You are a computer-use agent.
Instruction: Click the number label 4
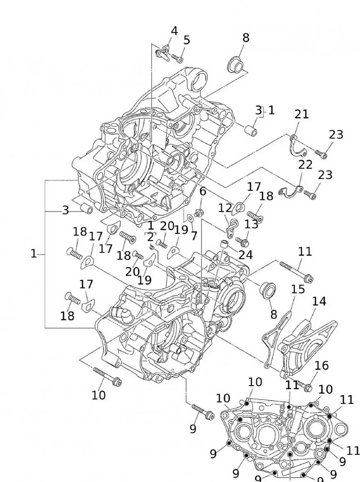pyautogui.click(x=174, y=31)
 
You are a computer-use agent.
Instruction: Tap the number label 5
pyautogui.click(x=187, y=40)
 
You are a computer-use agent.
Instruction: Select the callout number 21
pyautogui.click(x=301, y=115)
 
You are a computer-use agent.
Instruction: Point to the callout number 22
pyautogui.click(x=305, y=164)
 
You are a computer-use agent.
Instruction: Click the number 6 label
pyautogui.click(x=203, y=191)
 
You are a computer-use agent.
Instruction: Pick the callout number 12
pyautogui.click(x=225, y=208)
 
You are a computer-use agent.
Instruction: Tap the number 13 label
pyautogui.click(x=251, y=224)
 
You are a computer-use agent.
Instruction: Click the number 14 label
pyautogui.click(x=319, y=302)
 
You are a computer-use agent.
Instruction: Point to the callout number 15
pyautogui.click(x=298, y=289)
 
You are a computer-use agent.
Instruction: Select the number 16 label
pyautogui.click(x=321, y=366)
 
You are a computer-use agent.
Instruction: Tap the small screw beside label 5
pyautogui.click(x=177, y=59)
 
